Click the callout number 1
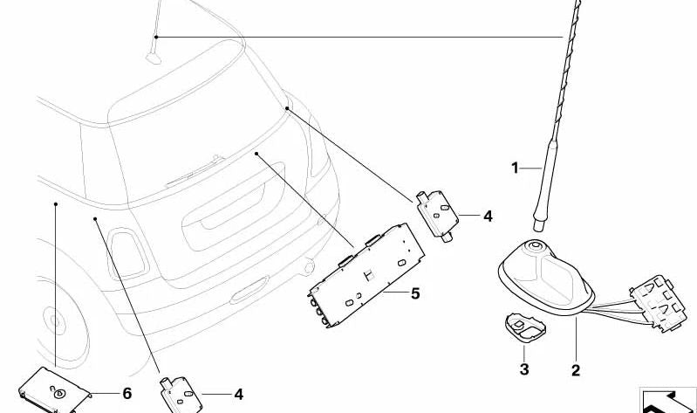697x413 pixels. (x=515, y=169)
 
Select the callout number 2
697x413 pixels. (x=576, y=370)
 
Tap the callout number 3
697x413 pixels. (x=524, y=369)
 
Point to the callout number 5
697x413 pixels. (x=414, y=293)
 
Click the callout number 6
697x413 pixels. (x=126, y=394)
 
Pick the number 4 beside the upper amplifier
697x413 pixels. (x=488, y=217)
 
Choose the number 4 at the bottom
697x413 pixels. (x=239, y=395)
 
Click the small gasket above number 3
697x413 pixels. (x=526, y=328)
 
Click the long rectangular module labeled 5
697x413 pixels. (x=366, y=276)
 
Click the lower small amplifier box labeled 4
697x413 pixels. (x=181, y=395)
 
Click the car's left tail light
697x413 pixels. (x=127, y=253)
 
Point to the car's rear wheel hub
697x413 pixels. (x=55, y=320)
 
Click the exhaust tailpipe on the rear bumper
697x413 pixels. (x=307, y=266)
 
